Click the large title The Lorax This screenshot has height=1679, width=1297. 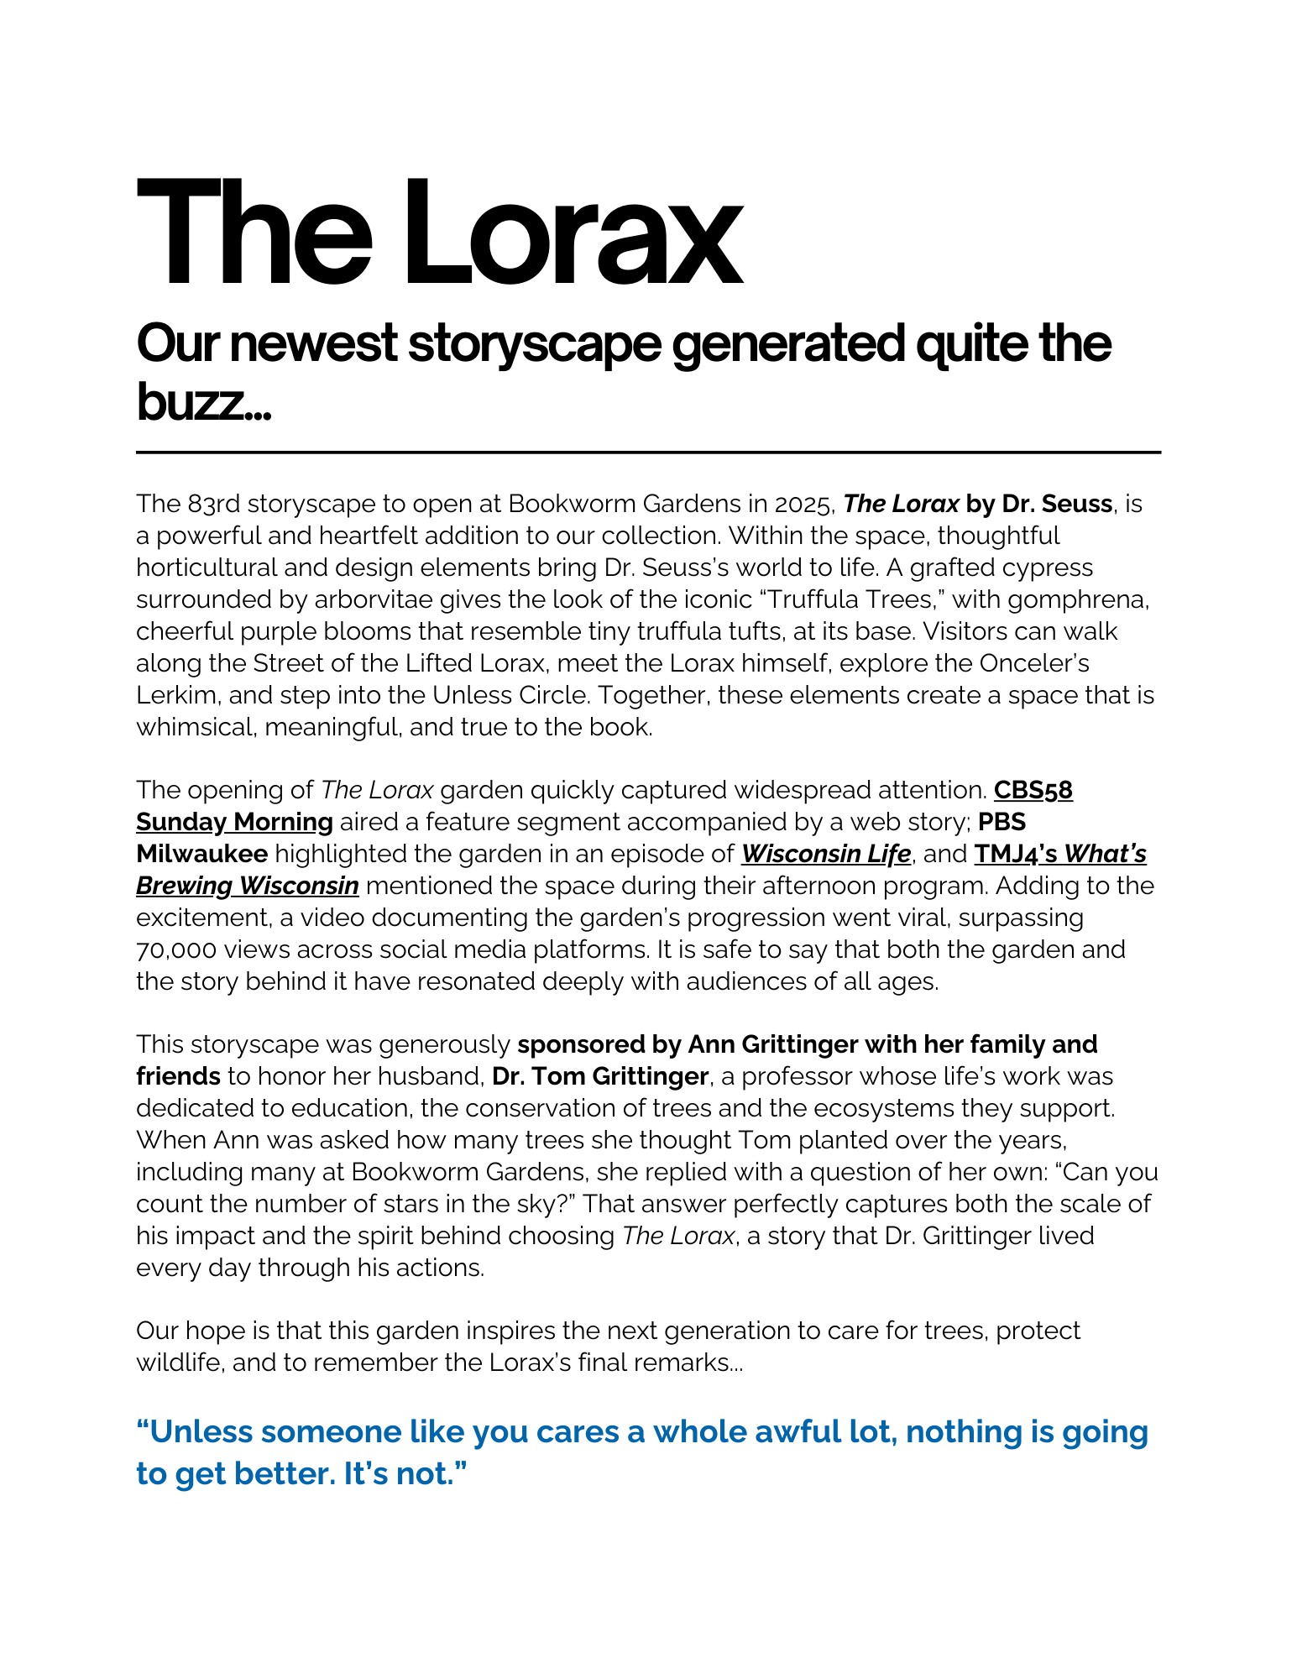pyautogui.click(x=438, y=233)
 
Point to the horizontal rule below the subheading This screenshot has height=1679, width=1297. pyautogui.click(x=648, y=452)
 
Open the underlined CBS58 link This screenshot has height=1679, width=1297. pyautogui.click(x=1033, y=790)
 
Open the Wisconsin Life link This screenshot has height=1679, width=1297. pyautogui.click(x=825, y=854)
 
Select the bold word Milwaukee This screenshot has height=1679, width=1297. pyautogui.click(x=201, y=854)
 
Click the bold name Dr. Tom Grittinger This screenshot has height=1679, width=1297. pyautogui.click(x=599, y=1076)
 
